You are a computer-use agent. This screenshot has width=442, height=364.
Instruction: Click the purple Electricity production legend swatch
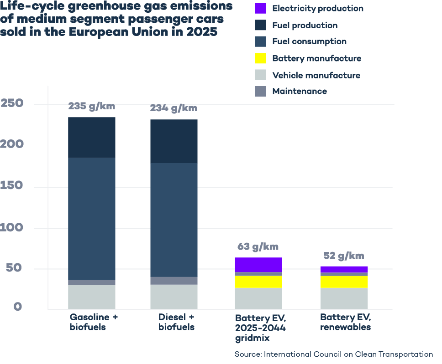(260, 8)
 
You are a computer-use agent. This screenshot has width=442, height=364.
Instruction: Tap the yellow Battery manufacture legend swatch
(260, 58)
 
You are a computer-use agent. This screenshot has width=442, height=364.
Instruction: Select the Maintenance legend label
(299, 91)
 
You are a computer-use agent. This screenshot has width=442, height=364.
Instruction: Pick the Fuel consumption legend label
(309, 41)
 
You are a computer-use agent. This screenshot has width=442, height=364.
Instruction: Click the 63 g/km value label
(258, 247)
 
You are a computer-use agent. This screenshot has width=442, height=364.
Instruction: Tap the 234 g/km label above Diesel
(174, 108)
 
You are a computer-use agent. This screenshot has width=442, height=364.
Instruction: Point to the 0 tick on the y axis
(18, 307)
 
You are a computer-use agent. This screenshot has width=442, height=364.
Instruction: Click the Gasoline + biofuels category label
(94, 322)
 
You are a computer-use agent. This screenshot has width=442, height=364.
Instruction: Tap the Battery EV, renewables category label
(345, 322)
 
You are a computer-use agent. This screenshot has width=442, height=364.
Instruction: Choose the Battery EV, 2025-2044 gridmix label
(259, 328)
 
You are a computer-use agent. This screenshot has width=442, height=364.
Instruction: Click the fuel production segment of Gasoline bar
(92, 137)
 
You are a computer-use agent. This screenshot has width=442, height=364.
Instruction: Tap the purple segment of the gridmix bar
(258, 264)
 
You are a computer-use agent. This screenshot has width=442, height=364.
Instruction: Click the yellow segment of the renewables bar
(344, 282)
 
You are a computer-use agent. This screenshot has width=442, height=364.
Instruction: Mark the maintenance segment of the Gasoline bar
(92, 282)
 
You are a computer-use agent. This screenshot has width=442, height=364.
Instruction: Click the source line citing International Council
(333, 354)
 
